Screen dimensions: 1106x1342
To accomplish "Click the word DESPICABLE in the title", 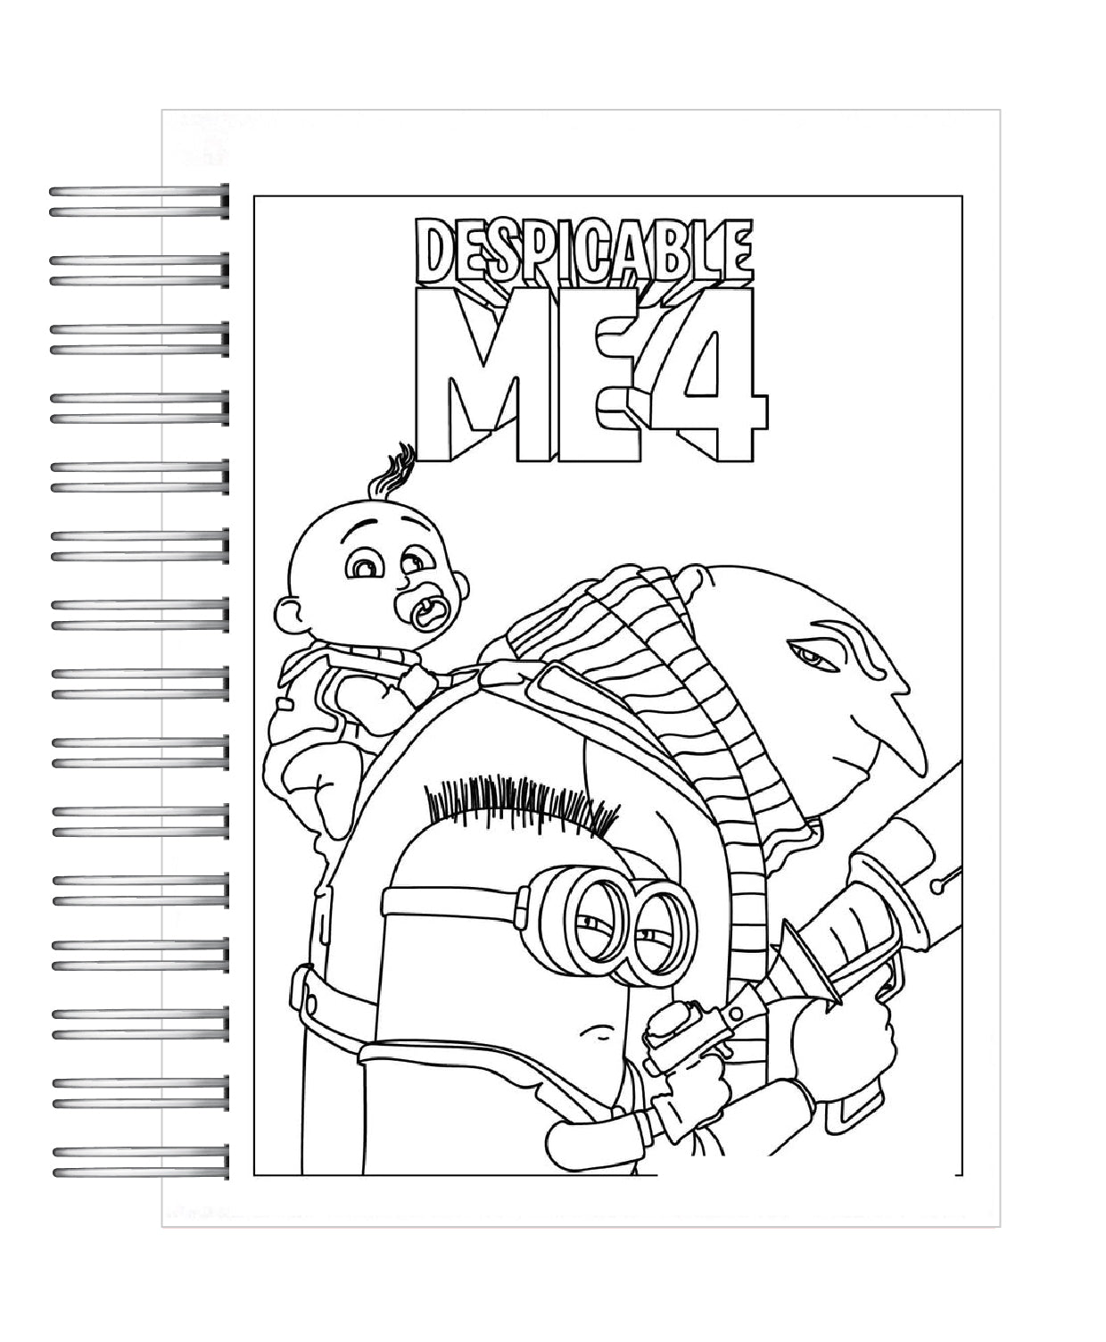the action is coord(582,251).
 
